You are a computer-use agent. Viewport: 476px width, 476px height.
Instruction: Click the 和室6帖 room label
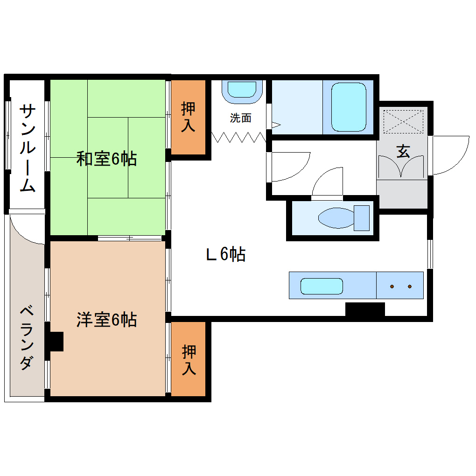tap(106, 160)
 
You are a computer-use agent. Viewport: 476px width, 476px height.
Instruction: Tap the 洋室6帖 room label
tap(106, 320)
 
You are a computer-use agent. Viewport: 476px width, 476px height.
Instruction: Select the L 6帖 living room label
tap(226, 255)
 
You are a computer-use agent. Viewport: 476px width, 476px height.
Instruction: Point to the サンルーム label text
tap(28, 148)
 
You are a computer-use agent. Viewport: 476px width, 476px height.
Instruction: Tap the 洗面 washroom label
tap(241, 119)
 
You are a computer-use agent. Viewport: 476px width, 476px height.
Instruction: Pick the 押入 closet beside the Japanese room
tap(188, 117)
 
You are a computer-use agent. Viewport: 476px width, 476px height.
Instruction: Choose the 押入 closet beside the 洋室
tap(189, 359)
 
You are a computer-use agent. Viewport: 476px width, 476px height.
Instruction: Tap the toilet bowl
tap(337, 218)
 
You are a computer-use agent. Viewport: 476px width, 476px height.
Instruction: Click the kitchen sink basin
tap(322, 286)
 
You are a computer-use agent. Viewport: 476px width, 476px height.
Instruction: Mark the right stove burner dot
tap(410, 286)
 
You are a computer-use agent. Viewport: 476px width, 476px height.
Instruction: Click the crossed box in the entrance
tap(402, 122)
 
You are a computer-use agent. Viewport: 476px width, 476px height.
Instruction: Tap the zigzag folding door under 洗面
tap(238, 138)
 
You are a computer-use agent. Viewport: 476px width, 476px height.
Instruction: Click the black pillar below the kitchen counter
tap(365, 309)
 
